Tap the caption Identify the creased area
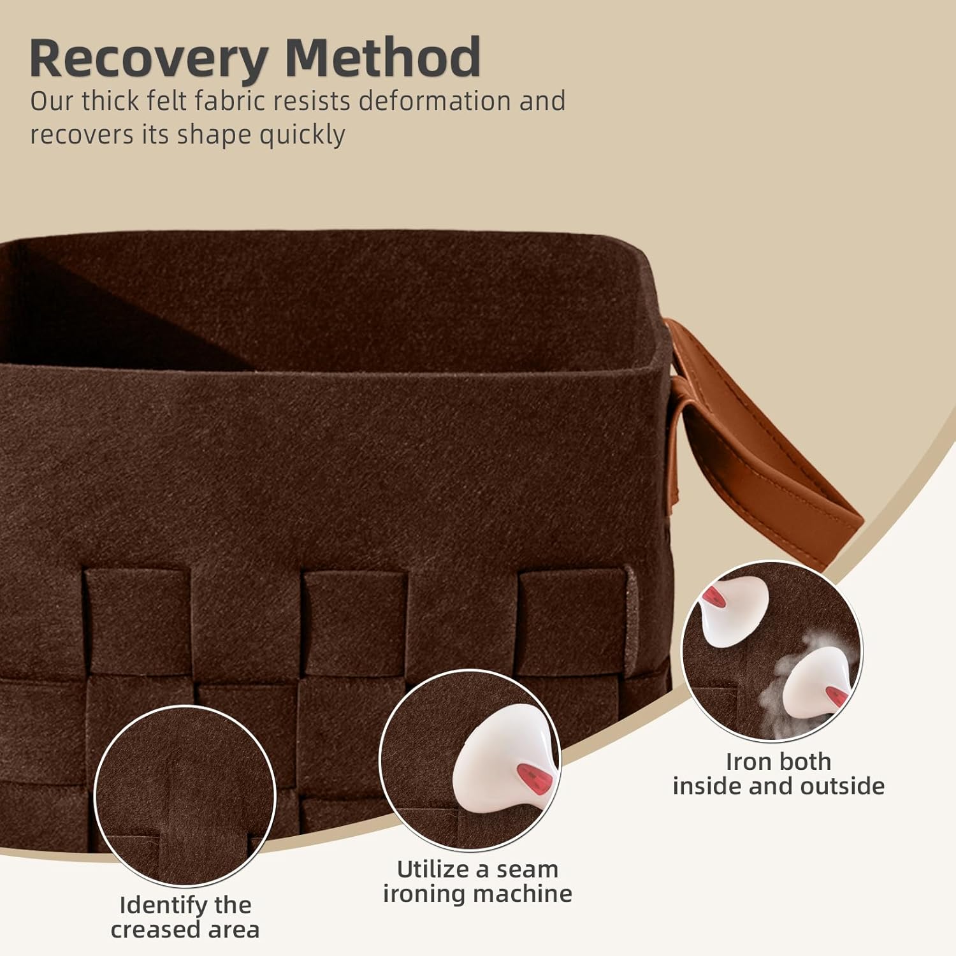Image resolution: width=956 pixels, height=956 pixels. point(185,917)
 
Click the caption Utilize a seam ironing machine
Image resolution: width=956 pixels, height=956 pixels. point(477,881)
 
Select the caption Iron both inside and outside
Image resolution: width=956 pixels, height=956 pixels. point(778,774)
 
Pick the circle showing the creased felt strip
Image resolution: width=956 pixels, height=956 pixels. point(185,795)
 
